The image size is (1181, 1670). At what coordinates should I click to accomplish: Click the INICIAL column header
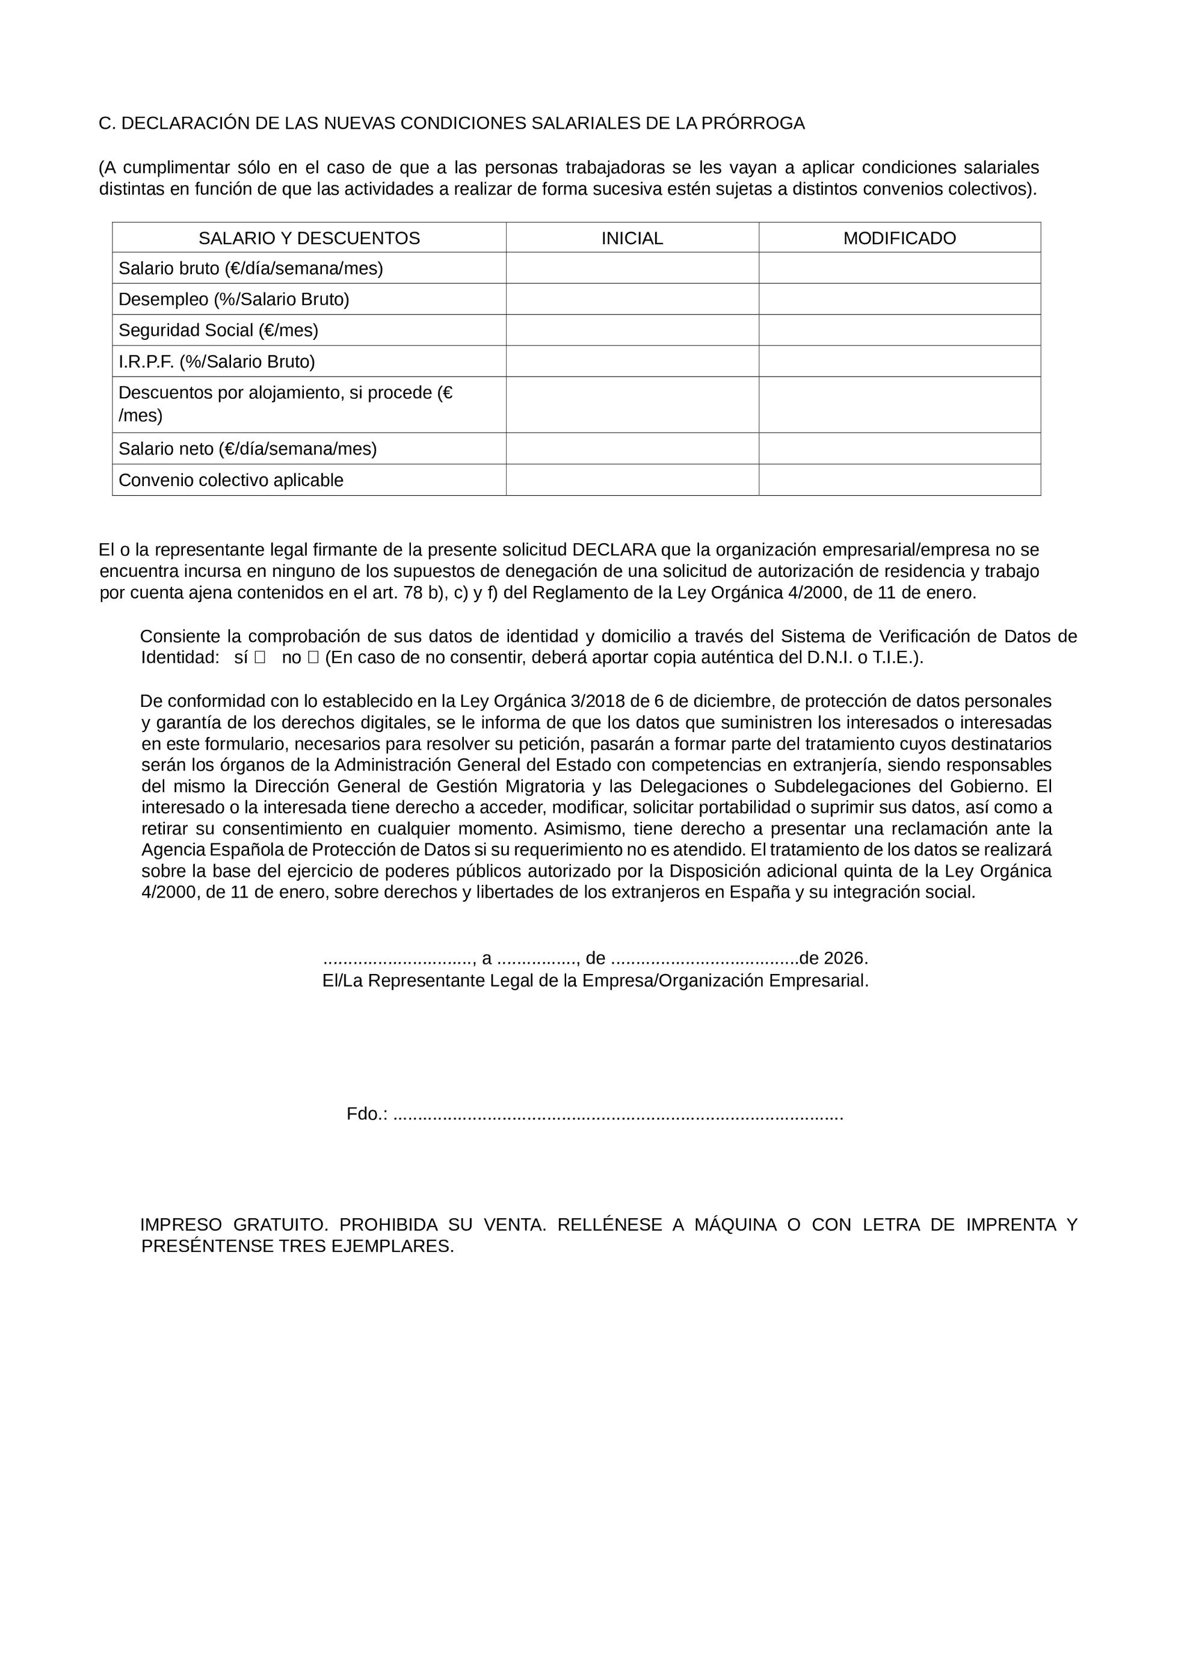click(x=631, y=238)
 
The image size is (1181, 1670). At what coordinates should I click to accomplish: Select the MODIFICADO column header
click(x=899, y=238)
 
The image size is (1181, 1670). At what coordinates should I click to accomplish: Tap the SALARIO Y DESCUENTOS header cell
click(x=309, y=238)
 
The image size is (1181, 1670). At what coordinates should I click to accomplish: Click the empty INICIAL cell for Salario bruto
click(x=631, y=268)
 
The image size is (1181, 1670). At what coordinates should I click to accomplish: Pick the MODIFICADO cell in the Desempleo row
click(x=899, y=299)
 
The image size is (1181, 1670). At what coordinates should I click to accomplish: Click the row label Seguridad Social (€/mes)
click(x=218, y=330)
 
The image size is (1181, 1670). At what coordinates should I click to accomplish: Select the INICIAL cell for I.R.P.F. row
click(x=631, y=362)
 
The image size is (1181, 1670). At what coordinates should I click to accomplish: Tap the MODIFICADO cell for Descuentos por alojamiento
click(x=899, y=404)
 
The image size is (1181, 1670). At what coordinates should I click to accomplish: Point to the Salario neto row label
click(x=247, y=449)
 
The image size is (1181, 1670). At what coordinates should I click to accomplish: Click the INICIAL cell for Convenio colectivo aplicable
click(x=631, y=480)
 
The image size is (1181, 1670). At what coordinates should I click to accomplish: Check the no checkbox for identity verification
click(x=313, y=658)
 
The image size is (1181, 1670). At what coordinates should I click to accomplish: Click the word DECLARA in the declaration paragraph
click(x=614, y=550)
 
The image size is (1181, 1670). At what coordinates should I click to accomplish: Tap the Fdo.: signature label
click(x=366, y=1114)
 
